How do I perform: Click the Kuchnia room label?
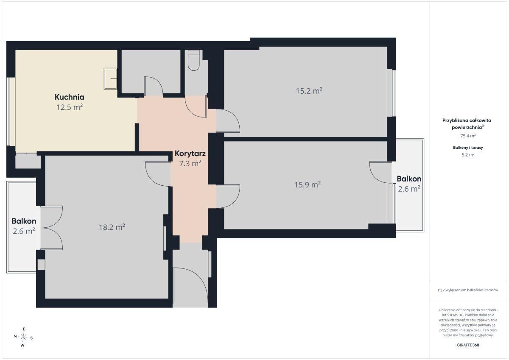coord(70,97)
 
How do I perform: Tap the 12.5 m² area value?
coord(70,107)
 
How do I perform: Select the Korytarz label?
coord(190,153)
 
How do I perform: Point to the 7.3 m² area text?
coord(190,163)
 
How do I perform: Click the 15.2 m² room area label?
coord(309,91)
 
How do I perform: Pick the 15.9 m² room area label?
coord(308,184)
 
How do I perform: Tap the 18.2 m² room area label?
coord(112,227)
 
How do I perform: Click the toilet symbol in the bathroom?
coord(194,60)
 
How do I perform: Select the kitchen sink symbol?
coord(110,78)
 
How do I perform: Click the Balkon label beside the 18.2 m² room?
coord(24,221)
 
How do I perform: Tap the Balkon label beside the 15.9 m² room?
coord(409,179)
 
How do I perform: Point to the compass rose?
coord(23,338)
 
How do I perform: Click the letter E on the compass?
coord(24,329)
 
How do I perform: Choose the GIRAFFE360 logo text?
coord(468,345)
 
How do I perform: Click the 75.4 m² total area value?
coord(468,136)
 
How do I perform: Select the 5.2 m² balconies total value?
coord(468,155)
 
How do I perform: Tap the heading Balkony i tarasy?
coord(468,148)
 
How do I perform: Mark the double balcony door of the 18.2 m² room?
coord(52,228)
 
